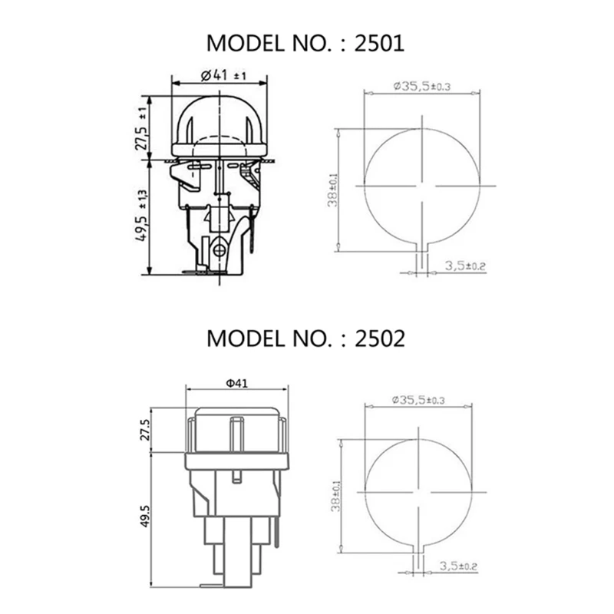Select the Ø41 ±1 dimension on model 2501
(x=223, y=76)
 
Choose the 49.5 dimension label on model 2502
(x=144, y=518)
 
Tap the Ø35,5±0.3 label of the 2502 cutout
(x=421, y=400)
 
